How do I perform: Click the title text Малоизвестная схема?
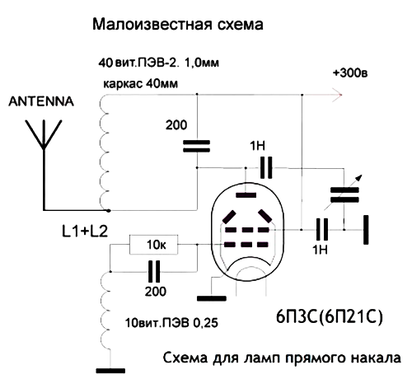(x=178, y=24)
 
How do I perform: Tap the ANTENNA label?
(x=41, y=101)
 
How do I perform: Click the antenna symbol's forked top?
(x=44, y=134)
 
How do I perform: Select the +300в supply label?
(x=350, y=73)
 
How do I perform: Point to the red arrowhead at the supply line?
(x=337, y=95)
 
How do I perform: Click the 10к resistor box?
(x=153, y=244)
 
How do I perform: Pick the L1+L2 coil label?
(x=85, y=231)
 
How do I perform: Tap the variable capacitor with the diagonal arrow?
(x=344, y=194)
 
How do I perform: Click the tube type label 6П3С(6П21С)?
(x=329, y=317)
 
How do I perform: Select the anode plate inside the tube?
(x=246, y=195)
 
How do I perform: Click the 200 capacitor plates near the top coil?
(x=197, y=146)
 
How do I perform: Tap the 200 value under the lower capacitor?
(x=156, y=291)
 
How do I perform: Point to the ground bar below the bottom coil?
(x=110, y=371)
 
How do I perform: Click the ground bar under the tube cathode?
(x=212, y=298)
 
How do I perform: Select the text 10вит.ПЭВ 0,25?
(x=171, y=323)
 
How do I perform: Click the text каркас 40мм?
(x=140, y=83)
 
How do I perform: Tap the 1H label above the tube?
(x=257, y=146)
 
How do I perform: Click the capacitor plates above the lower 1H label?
(x=322, y=229)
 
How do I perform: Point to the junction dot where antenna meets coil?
(x=109, y=211)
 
